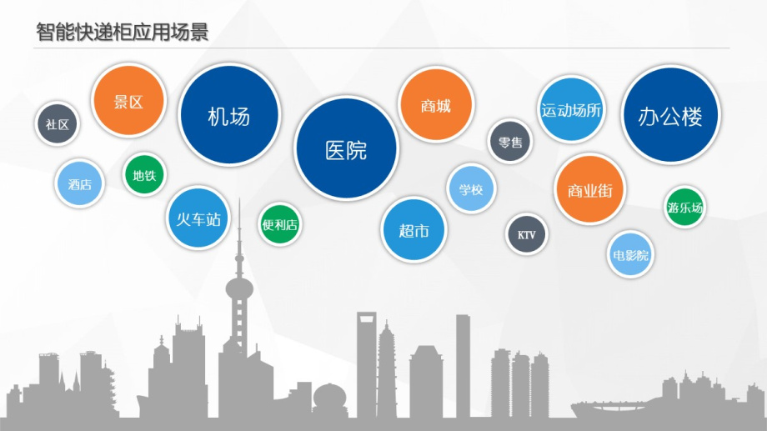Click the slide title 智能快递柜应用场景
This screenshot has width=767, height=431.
coord(123,32)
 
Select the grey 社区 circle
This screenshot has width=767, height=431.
coord(58,123)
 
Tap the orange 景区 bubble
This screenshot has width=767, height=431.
coord(128,100)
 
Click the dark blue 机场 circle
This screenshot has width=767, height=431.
coord(229,115)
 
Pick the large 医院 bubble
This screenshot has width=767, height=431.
coord(346,148)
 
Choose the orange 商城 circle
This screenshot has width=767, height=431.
coord(436,105)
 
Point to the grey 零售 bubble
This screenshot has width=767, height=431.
coord(510,142)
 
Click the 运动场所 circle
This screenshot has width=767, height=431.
coord(571,109)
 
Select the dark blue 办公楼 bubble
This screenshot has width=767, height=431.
coord(670,114)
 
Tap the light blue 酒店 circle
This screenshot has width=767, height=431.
coord(79,183)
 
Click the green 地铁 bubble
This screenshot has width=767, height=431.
coord(143,174)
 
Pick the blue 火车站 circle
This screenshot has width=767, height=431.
coord(198,218)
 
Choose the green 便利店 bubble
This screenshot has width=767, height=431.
coord(280,224)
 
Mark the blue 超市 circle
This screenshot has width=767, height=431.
coord(414,230)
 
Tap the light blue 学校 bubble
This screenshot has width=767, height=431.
coord(471,188)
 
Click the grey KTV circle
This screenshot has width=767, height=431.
coord(526,234)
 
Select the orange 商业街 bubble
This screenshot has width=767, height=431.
coord(590,189)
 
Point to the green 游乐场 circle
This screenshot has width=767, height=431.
coord(684,207)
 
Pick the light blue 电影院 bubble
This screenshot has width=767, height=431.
coord(630,254)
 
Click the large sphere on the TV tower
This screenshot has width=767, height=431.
coord(239,288)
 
